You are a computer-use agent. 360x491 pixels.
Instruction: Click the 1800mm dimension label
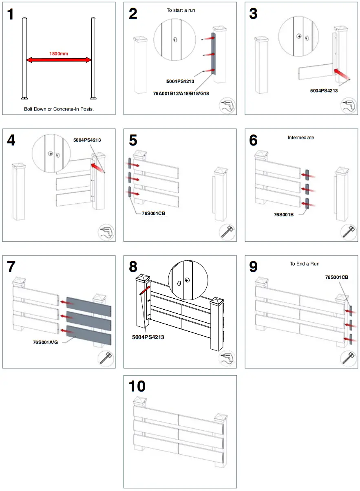click(59, 53)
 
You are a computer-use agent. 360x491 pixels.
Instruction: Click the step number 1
click(11, 14)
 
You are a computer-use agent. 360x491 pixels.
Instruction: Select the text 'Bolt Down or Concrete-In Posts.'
click(59, 109)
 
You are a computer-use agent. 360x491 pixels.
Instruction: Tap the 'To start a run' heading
click(181, 10)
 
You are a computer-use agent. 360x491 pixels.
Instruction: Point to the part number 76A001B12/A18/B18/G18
click(181, 93)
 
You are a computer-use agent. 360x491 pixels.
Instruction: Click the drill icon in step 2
click(227, 106)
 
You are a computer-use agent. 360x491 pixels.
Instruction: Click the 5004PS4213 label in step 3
click(324, 90)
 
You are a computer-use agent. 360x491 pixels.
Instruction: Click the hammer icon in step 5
click(227, 232)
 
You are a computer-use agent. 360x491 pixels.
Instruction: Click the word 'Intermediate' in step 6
click(301, 138)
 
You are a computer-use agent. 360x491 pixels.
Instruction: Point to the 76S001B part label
click(287, 213)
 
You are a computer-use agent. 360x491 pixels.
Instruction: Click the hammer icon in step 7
click(106, 358)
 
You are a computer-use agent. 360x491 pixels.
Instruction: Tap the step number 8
click(133, 267)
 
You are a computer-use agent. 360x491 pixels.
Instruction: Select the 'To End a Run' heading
click(305, 264)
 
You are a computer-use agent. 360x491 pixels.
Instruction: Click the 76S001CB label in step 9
click(336, 277)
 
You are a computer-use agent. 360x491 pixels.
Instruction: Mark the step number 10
click(137, 386)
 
